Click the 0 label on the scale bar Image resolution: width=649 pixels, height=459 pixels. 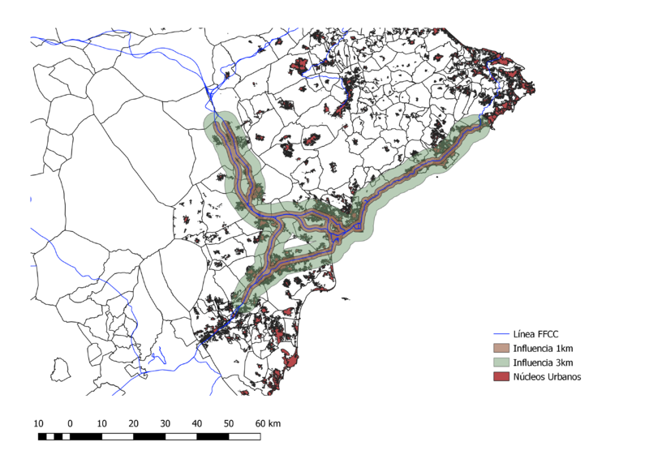tap(70, 423)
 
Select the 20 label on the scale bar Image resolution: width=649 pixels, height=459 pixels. tap(133, 423)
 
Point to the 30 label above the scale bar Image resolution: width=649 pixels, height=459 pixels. tap(165, 423)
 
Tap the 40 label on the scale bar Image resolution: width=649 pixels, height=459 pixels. tap(197, 423)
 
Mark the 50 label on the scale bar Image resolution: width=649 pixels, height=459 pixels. tap(229, 423)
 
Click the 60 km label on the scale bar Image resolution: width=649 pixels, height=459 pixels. tap(267, 423)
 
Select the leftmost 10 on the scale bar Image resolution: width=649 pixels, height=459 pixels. tap(38, 423)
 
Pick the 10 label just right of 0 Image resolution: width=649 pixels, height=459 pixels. tap(101, 423)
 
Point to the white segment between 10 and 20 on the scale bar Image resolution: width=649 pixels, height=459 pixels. tap(118, 437)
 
